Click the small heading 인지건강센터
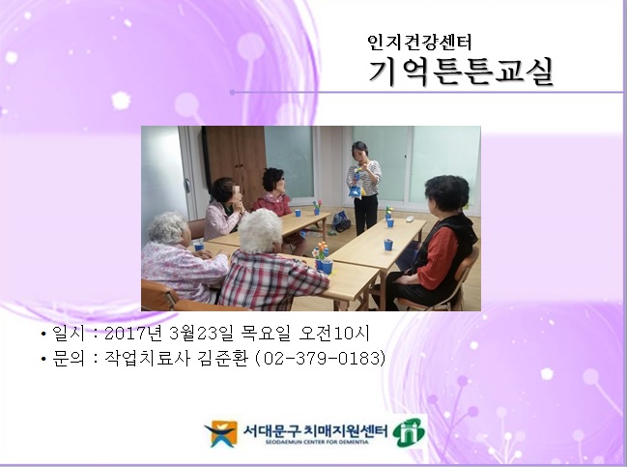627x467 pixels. coord(418,42)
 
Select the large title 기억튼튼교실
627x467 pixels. coord(461,71)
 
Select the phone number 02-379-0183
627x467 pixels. coord(329,359)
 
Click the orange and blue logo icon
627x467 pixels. coord(221,432)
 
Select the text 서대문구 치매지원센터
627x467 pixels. coord(316,428)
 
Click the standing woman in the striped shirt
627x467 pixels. coord(363,184)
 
